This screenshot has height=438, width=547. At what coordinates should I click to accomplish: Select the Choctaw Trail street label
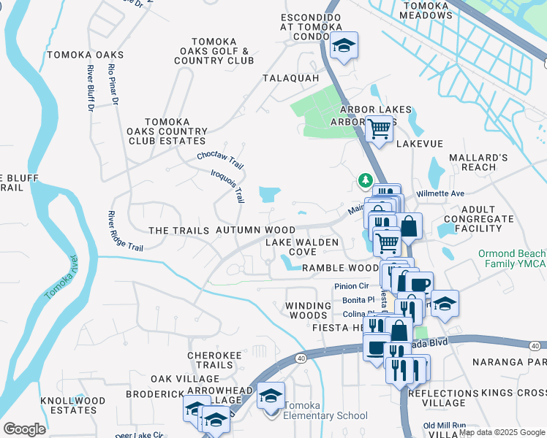point(219,157)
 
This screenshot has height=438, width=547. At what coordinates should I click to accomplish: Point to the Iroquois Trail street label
point(227,185)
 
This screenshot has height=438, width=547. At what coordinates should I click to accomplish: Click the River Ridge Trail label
point(124,231)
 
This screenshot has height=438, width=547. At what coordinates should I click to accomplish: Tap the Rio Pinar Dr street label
point(113,85)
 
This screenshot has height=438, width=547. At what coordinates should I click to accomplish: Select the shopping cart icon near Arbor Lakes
point(378,128)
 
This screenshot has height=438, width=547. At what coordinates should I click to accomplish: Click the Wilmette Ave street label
point(440,193)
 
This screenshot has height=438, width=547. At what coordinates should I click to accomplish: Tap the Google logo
point(25,429)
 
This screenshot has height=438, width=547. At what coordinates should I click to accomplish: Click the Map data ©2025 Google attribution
point(502,432)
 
